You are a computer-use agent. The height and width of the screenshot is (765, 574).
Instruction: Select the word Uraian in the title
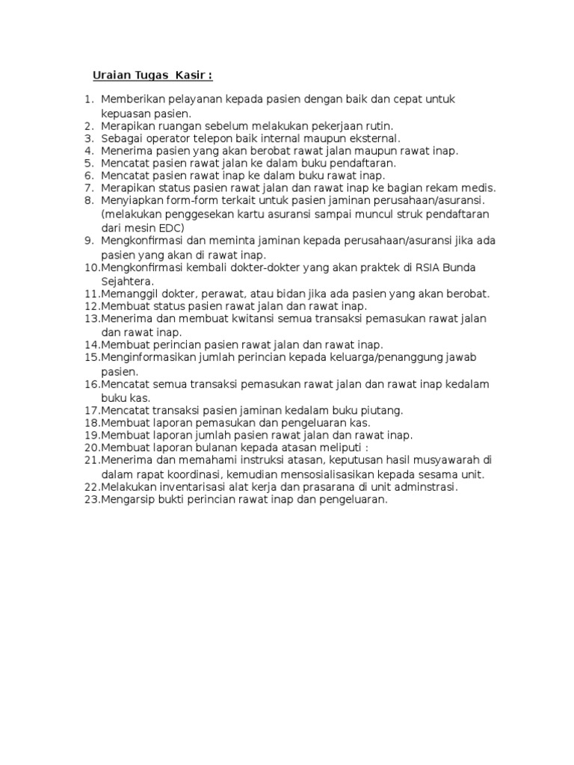point(111,75)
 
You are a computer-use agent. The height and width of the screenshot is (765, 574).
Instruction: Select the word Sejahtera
point(128,281)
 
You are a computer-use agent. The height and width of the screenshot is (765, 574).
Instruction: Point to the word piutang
point(382,409)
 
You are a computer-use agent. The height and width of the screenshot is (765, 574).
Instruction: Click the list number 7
point(88,188)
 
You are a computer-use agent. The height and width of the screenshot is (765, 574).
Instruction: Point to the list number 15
point(91,357)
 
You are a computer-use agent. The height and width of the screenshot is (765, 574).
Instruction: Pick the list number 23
point(91,499)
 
